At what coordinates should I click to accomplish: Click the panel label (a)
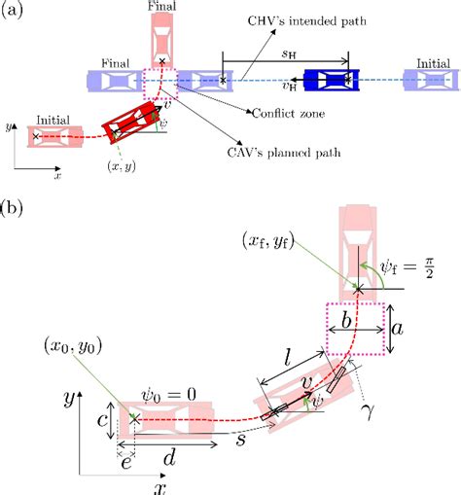13,14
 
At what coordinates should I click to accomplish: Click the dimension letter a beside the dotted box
399,331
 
